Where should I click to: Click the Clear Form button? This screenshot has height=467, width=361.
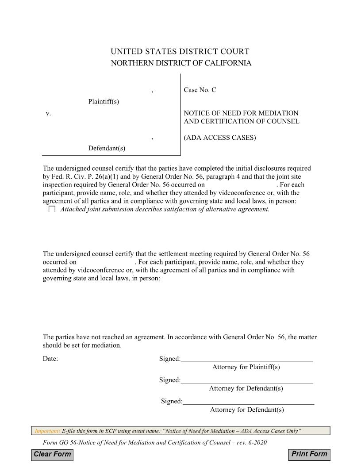coord(52,454)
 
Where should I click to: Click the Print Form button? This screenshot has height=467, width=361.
coord(310,454)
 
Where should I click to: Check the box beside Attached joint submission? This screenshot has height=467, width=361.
coord(52,210)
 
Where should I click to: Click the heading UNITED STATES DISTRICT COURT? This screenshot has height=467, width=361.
coord(180,52)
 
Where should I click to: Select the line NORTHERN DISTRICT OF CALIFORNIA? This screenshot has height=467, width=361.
coord(180,63)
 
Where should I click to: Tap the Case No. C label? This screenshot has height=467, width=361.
coord(200,90)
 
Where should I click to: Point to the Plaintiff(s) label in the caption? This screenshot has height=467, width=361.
coord(104,102)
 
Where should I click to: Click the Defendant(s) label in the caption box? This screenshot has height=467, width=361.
coord(107,148)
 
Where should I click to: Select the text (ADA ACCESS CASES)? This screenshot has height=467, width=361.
coord(220,138)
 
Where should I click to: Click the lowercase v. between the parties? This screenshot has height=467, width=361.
coord(48,114)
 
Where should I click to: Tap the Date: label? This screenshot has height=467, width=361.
coord(50,359)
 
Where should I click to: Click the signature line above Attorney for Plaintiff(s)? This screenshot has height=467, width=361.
coord(246,359)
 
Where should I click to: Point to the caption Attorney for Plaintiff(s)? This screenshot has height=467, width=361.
coord(246,367)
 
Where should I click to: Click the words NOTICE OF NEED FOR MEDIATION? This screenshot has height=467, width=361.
coord(241,113)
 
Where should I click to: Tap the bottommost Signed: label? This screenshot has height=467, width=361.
coord(171,401)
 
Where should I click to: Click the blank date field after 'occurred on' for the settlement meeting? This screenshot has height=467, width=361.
coord(105,262)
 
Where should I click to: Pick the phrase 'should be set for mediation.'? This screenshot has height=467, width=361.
coord(82,345)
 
